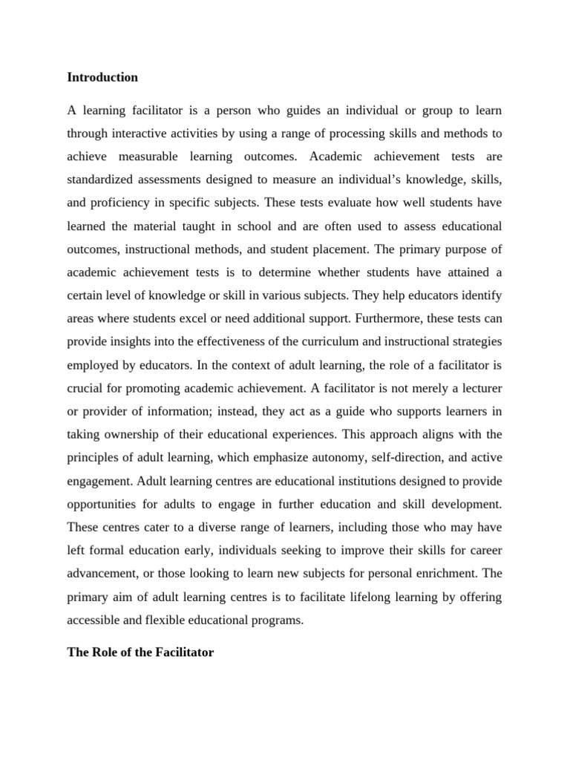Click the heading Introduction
pyautogui.click(x=102, y=77)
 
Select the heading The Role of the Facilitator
pyautogui.click(x=140, y=653)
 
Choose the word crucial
pyautogui.click(x=85, y=387)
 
